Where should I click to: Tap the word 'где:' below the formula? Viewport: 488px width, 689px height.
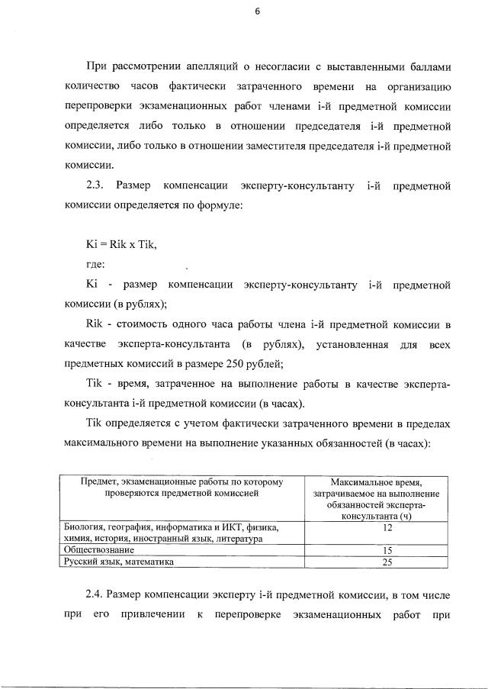[95, 264]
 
